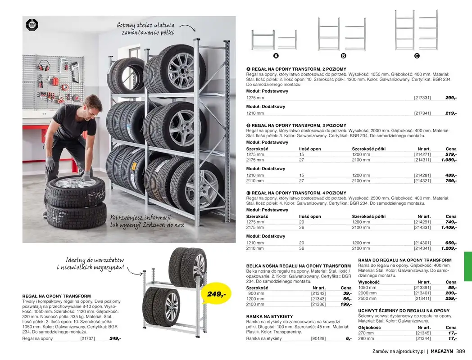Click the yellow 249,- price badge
pyautogui.click(x=216, y=294)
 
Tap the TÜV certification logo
pyautogui.click(x=32, y=24)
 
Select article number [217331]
pyautogui.click(x=422, y=98)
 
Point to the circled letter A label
pyautogui.click(x=276, y=56)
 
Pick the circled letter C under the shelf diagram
pyautogui.click(x=417, y=56)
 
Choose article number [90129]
pyautogui.click(x=319, y=338)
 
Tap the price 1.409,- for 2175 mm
pyautogui.click(x=449, y=227)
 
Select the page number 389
pyautogui.click(x=460, y=352)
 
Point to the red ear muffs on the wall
pyautogui.click(x=44, y=66)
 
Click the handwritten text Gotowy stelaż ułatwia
pyautogui.click(x=145, y=26)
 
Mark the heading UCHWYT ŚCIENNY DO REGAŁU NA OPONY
pyautogui.click(x=404, y=310)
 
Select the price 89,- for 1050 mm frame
pyautogui.click(x=452, y=288)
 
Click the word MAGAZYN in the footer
pyautogui.click(x=442, y=352)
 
